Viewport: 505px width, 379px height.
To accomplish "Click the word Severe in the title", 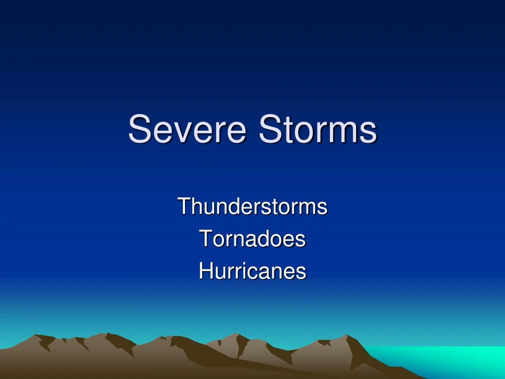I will pyautogui.click(x=187, y=129).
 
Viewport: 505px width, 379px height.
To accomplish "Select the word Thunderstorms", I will pyautogui.click(x=252, y=206).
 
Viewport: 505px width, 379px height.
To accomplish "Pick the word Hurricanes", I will pyautogui.click(x=252, y=271).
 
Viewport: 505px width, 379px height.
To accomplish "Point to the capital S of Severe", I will pyautogui.click(x=138, y=129).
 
